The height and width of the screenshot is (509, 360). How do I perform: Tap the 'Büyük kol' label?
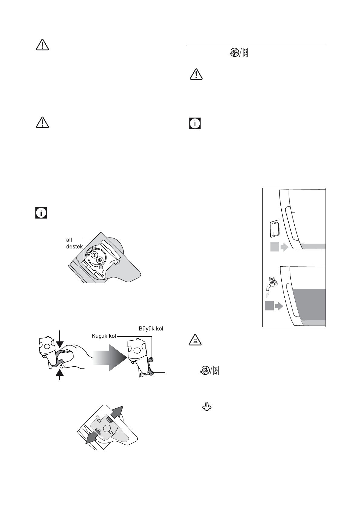(x=151, y=328)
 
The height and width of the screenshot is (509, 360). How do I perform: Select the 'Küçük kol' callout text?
(x=104, y=336)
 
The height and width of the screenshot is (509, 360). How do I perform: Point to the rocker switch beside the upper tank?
(x=275, y=228)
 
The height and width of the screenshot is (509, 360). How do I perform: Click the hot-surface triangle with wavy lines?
(x=196, y=340)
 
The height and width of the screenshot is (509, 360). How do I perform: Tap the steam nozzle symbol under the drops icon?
(x=206, y=407)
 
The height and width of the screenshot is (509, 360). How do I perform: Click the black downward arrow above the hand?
(x=60, y=340)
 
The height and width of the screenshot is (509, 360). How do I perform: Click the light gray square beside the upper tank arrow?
(x=275, y=247)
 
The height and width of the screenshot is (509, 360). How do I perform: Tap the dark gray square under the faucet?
(x=269, y=306)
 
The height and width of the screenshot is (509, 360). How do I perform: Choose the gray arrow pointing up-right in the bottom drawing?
(x=117, y=412)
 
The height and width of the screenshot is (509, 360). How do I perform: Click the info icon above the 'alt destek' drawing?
(x=42, y=213)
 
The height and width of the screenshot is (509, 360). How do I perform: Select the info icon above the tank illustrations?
(x=195, y=124)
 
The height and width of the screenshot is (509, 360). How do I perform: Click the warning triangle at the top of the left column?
(x=43, y=45)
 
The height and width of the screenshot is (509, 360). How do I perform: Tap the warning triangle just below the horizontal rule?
(x=196, y=74)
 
